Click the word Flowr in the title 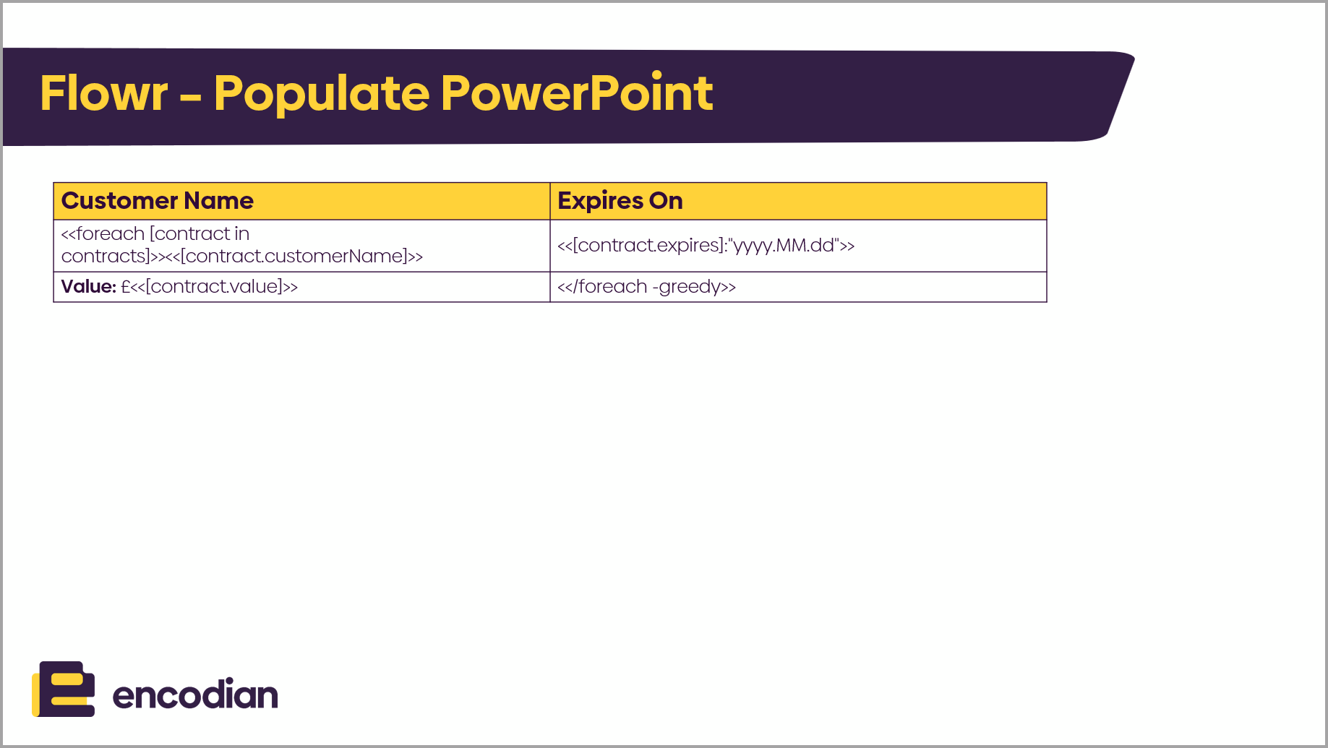pyautogui.click(x=104, y=93)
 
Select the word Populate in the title pyautogui.click(x=322, y=95)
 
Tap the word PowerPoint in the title pyautogui.click(x=577, y=93)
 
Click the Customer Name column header pyautogui.click(x=158, y=200)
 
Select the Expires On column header pyautogui.click(x=620, y=201)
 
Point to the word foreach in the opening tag pyautogui.click(x=110, y=233)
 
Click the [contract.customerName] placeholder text pyautogui.click(x=294, y=256)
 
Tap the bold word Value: pyautogui.click(x=88, y=286)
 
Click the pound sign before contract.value pyautogui.click(x=125, y=286)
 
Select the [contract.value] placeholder pyautogui.click(x=214, y=286)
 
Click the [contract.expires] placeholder pyautogui.click(x=647, y=245)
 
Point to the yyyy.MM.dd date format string pyautogui.click(x=784, y=245)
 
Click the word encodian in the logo pyautogui.click(x=195, y=695)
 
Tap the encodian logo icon pyautogui.click(x=64, y=689)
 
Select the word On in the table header pyautogui.click(x=666, y=200)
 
